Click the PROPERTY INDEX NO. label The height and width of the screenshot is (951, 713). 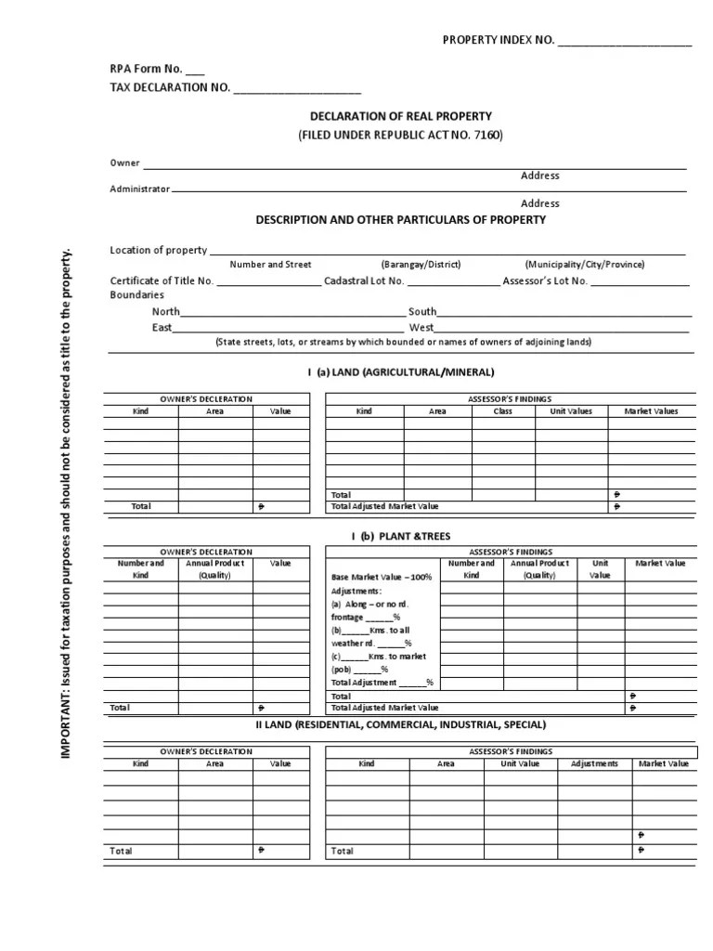coord(498,40)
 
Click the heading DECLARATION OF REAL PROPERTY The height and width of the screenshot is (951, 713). coord(400,116)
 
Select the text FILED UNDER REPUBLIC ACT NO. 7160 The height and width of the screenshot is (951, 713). coord(400,136)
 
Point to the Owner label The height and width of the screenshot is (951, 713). coord(124,163)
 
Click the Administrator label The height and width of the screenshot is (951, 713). coord(140,189)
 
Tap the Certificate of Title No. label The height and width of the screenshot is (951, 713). coord(162,280)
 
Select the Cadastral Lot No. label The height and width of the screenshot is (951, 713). coord(364,280)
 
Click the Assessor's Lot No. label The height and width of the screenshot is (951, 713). coord(545,280)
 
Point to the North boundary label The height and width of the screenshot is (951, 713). coord(166,312)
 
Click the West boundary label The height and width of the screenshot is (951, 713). coord(421,328)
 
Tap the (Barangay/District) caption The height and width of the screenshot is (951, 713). coord(421,265)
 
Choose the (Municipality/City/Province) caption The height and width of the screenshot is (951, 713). coord(585,265)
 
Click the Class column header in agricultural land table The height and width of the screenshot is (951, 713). coord(502,410)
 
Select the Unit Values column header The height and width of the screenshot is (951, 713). coord(571,410)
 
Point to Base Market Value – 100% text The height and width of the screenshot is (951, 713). coord(382,577)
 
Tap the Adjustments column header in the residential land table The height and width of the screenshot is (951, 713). coord(594,763)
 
